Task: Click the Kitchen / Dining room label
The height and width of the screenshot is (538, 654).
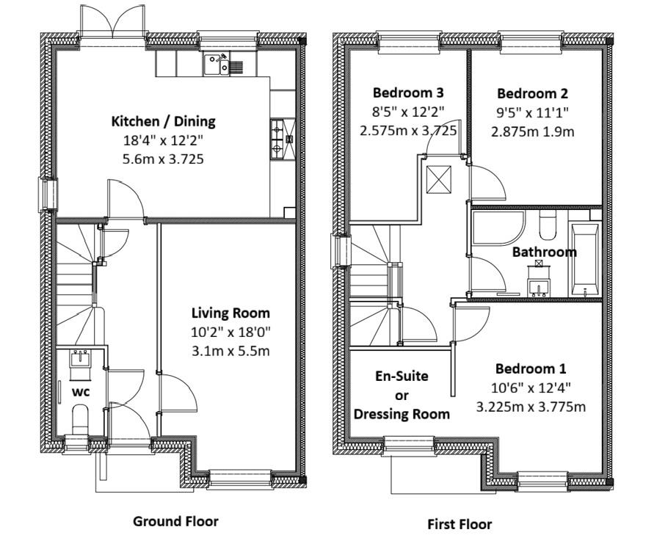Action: point(163,121)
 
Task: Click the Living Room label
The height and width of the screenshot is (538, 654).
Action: point(230,313)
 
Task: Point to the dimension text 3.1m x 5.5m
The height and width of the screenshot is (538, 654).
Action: point(230,351)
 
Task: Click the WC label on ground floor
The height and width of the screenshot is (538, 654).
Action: point(80,392)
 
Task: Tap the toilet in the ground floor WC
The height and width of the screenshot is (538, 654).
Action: point(80,420)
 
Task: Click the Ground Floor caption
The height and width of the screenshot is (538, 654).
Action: point(175,521)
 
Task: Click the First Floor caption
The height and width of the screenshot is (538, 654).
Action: point(459,524)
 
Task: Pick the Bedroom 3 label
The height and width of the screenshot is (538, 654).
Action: point(408,93)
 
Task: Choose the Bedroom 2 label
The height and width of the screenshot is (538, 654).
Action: point(532,94)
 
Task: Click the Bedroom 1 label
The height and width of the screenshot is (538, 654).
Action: point(530,368)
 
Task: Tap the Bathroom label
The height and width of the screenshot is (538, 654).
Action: point(544,252)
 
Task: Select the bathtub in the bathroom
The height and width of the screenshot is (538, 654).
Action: point(585,255)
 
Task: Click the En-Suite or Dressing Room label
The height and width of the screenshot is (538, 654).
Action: point(402,395)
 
